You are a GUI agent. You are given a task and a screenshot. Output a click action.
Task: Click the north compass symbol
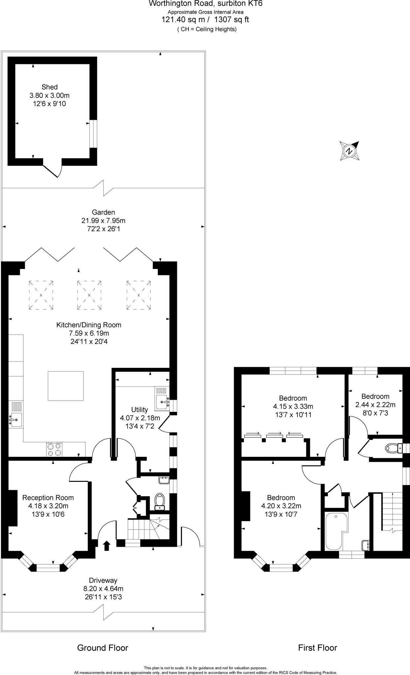pos(349,151)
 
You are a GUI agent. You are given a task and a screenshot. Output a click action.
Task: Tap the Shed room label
pos(50,87)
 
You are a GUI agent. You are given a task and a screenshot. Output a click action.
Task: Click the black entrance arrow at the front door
pos(106,545)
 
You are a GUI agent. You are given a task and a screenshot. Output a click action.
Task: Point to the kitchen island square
pos(66,386)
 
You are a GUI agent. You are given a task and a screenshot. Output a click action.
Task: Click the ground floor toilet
pos(159,501)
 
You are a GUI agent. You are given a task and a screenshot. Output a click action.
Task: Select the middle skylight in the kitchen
pos(89,295)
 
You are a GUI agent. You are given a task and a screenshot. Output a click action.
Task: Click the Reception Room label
pos(48,498)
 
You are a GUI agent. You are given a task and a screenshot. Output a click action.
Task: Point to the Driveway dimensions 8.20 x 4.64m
pos(103,589)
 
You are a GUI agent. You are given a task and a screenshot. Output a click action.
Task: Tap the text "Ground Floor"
pos(103,648)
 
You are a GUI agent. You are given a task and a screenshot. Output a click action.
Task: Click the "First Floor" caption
pos(318,648)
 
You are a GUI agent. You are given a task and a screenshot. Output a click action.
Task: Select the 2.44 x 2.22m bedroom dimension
pos(375,405)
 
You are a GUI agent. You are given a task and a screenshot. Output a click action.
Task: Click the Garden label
pos(103,212)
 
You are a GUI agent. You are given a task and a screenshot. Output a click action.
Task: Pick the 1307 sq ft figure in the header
pos(231,19)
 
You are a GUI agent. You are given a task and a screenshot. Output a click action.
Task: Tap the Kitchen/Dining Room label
pos(89,325)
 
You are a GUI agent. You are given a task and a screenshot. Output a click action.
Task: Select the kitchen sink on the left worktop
pos(16,420)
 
